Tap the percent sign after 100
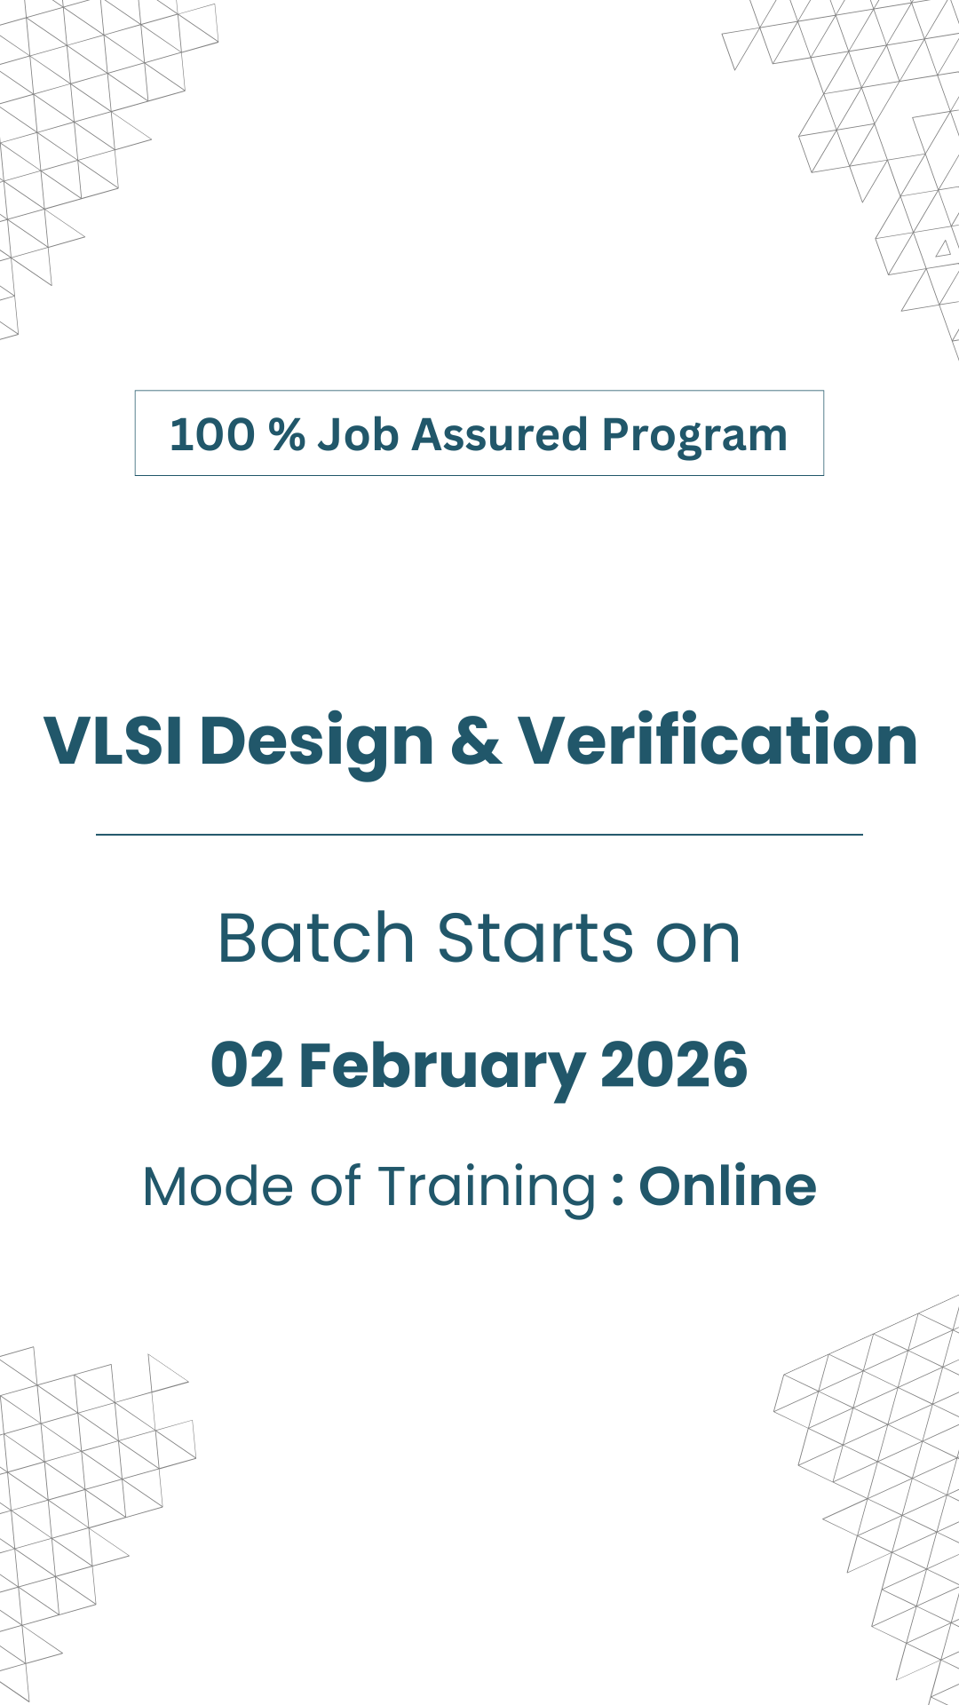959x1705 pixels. coord(287,435)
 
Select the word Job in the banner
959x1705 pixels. coord(358,435)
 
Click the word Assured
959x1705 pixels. coord(500,435)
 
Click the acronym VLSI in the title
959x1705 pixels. coord(113,741)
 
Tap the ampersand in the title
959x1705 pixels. coord(476,741)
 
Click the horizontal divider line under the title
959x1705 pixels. coord(479,835)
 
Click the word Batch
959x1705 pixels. coord(316,938)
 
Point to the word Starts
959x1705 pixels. coord(535,940)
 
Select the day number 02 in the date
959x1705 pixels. coord(247,1066)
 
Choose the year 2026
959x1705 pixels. coord(674,1066)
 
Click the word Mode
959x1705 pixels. coord(218,1187)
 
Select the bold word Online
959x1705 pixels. coord(727,1187)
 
